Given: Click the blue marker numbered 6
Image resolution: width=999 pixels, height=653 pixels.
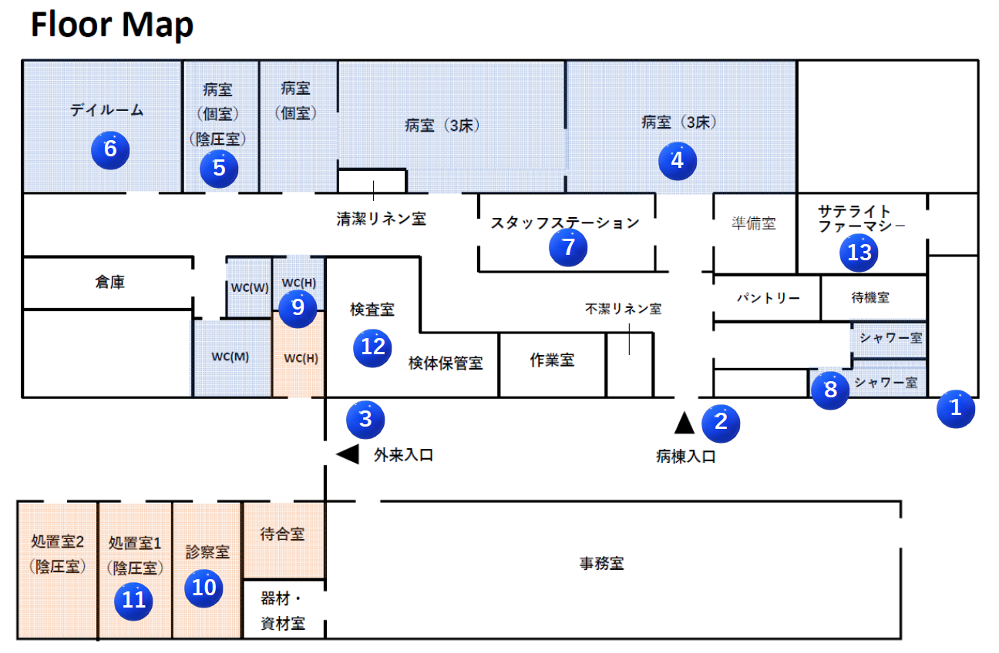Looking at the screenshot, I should click(110, 149).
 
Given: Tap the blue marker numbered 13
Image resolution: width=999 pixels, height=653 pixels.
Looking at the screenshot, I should click(859, 253).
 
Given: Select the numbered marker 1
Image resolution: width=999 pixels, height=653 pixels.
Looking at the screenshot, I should click(956, 407).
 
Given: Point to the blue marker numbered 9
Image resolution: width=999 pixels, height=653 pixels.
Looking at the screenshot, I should click(298, 308).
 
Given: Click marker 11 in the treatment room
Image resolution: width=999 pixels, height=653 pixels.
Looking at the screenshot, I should click(133, 600).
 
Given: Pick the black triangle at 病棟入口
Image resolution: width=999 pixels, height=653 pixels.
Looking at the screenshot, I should click(684, 422).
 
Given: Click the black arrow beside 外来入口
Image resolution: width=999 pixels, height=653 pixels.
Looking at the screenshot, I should click(348, 454).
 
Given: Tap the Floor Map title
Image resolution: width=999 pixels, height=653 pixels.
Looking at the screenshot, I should click(112, 25).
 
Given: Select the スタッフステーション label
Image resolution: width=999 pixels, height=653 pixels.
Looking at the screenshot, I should click(565, 223).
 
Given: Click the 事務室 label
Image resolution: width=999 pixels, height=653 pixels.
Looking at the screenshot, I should click(601, 564).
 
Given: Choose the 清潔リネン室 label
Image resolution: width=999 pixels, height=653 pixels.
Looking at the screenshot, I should click(381, 219).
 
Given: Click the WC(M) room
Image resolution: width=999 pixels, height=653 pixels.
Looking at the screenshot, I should click(230, 357).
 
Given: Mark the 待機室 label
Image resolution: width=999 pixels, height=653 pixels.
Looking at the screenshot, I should click(870, 297).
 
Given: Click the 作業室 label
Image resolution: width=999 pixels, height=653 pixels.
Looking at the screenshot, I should click(552, 360).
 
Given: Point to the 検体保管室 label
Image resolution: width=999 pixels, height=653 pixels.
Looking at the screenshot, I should click(446, 363).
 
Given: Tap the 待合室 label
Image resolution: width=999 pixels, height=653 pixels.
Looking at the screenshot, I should click(282, 534).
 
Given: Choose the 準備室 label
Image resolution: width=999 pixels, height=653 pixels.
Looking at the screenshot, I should click(753, 224).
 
